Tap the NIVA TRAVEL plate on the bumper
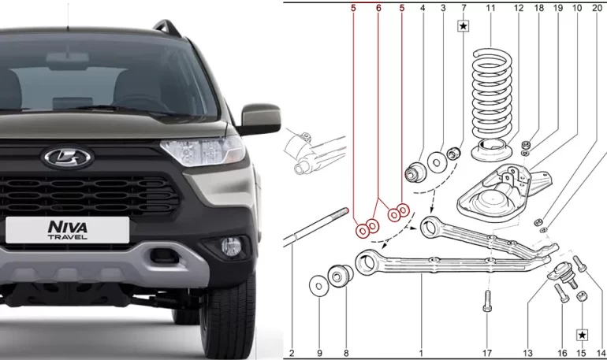click(x=68, y=229)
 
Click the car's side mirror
click(x=260, y=118)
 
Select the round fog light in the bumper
click(x=229, y=246)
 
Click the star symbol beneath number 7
click(x=464, y=26)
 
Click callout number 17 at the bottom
click(x=487, y=352)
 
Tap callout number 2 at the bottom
click(x=291, y=352)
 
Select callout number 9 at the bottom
click(x=319, y=352)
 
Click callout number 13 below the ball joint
click(x=527, y=352)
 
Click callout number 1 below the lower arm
click(x=421, y=352)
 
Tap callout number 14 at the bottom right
click(x=601, y=352)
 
